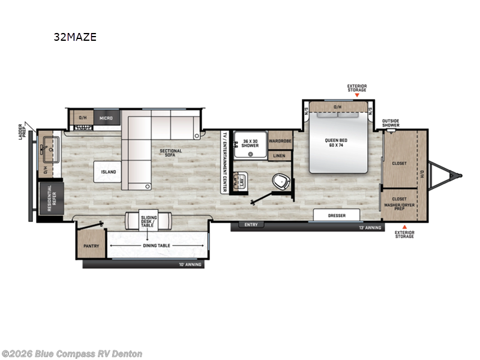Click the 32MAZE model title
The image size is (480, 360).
74,37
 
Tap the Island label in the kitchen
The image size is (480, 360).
108,172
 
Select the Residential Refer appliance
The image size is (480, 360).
50,196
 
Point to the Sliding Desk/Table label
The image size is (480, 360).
148,221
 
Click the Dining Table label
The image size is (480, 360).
157,245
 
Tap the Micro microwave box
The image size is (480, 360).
106,118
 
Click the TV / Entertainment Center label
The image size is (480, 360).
225,161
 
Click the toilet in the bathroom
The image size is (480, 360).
279,181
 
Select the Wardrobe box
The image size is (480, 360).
280,141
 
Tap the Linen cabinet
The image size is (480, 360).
280,155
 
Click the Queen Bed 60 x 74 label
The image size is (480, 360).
337,144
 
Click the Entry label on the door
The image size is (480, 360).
250,225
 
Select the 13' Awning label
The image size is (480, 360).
370,228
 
